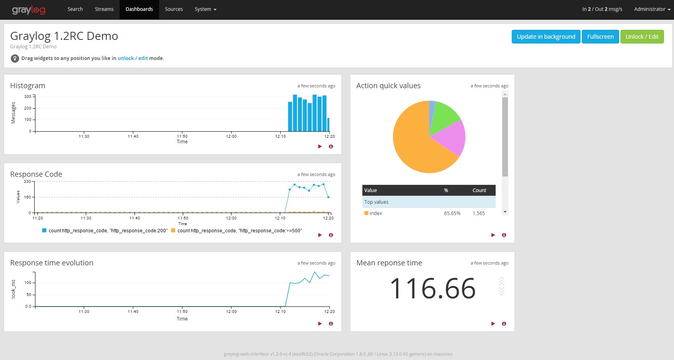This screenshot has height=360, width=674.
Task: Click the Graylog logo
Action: tap(29, 10)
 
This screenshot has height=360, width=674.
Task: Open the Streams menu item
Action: tap(104, 9)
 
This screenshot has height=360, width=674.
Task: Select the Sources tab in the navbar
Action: tap(174, 9)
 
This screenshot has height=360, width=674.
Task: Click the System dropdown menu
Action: tap(205, 9)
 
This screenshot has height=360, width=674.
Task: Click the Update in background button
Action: tap(546, 37)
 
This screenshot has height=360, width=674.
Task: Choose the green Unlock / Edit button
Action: tap(642, 37)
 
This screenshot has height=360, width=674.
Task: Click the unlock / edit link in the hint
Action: tap(132, 58)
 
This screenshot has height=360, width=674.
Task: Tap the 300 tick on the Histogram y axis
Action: tap(28, 97)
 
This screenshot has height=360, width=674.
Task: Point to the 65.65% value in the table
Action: tap(452, 213)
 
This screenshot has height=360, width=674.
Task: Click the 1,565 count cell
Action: tap(479, 213)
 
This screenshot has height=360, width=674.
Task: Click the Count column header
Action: tap(479, 190)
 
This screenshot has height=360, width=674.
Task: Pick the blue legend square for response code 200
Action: tap(44, 231)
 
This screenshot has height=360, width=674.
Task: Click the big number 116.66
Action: tap(433, 289)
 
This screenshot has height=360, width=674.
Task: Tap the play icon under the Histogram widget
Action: tap(320, 147)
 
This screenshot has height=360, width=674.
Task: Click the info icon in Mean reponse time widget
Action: tap(504, 324)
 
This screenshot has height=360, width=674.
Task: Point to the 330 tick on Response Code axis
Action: tap(27, 182)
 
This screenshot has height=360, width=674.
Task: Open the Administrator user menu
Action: tap(652, 9)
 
